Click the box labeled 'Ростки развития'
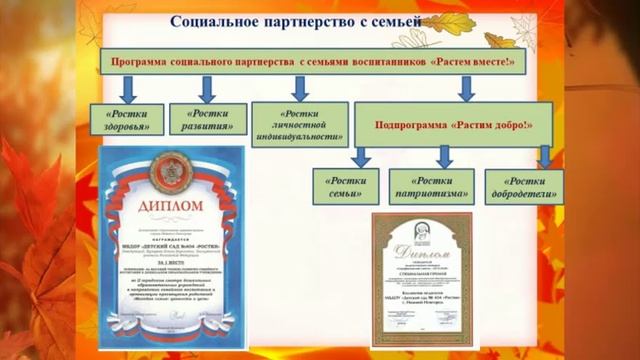(x=207, y=119)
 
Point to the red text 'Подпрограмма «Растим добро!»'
(x=453, y=128)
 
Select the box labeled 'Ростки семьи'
(x=344, y=186)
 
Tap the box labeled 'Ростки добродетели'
(x=523, y=186)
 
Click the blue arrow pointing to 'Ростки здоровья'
(x=126, y=90)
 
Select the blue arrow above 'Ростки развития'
(x=208, y=89)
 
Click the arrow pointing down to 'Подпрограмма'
(x=466, y=90)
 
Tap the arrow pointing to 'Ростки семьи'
(x=361, y=155)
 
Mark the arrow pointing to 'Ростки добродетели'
(x=545, y=155)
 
